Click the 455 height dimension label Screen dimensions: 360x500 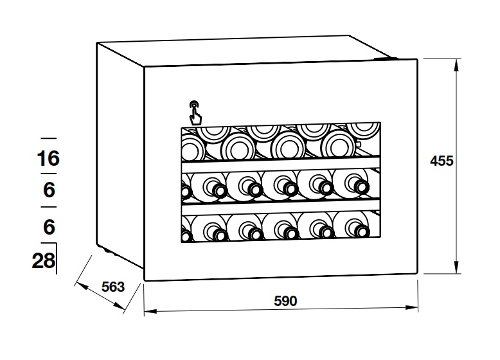click(442, 161)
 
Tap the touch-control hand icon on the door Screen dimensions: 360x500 click(194, 113)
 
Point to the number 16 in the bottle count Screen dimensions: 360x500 click(48, 158)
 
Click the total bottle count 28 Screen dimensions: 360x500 click(43, 261)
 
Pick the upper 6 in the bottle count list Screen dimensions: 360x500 click(49, 191)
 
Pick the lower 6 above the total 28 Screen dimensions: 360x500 click(49, 226)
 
